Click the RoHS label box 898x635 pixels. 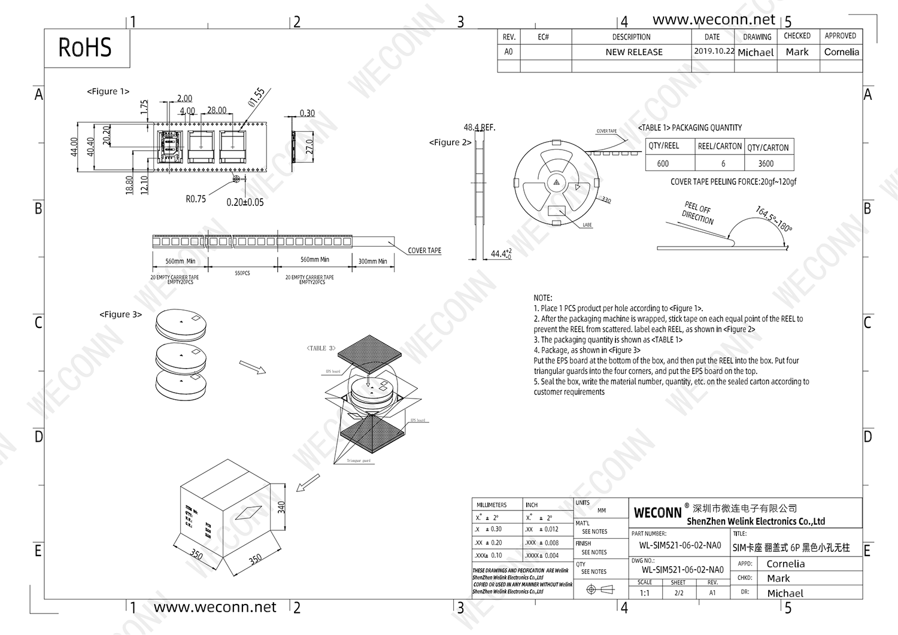pos(86,48)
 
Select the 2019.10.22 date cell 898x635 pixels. pos(714,51)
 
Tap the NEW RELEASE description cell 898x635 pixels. pos(633,52)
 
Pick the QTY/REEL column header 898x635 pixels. pos(663,146)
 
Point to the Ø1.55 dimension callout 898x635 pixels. pos(256,97)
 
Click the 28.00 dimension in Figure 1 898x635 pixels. pos(217,110)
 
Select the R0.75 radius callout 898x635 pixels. pos(196,199)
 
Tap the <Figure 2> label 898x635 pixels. pos(450,142)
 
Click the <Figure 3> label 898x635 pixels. pos(120,314)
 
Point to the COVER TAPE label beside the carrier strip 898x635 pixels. pos(424,251)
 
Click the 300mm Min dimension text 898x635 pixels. pos(372,262)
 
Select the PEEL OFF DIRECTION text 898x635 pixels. pos(697,213)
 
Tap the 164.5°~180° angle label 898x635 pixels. pos(773,219)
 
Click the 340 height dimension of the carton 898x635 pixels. pos(281,508)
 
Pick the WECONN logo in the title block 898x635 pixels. pos(657,513)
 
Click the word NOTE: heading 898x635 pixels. pos(543,297)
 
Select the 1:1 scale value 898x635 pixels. pos(645,593)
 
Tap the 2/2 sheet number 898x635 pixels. pos(678,593)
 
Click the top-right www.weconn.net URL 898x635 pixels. pos(714,20)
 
